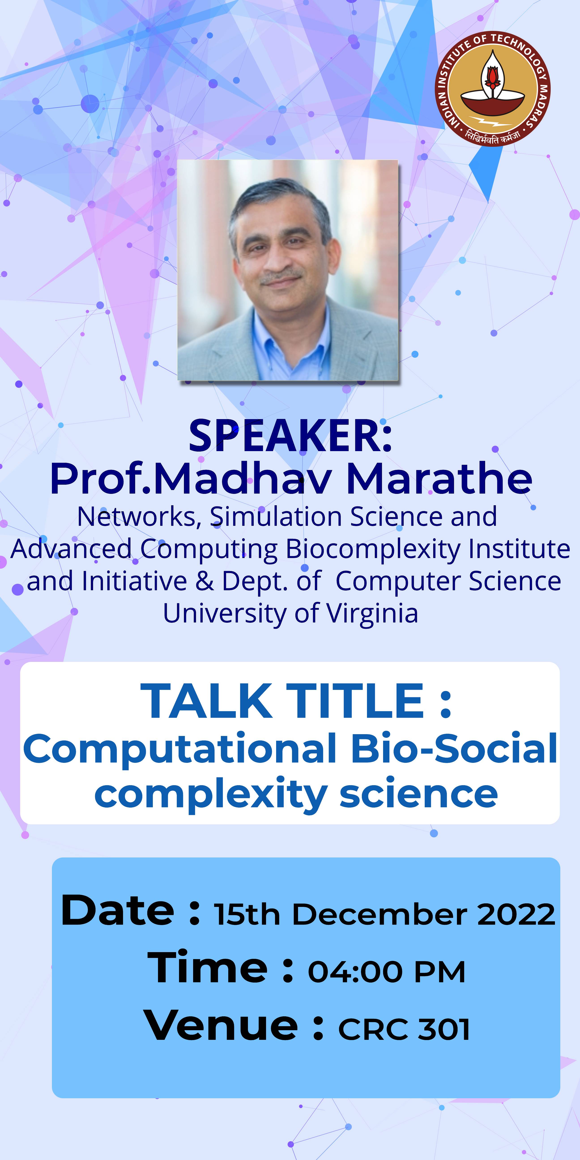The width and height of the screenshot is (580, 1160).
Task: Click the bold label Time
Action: click(208, 967)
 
